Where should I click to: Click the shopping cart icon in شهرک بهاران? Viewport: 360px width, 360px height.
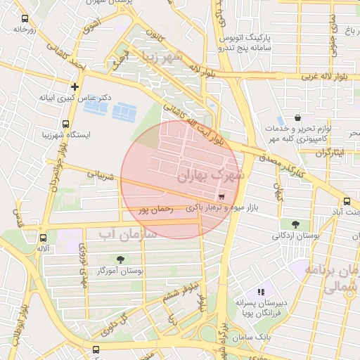click(222, 197)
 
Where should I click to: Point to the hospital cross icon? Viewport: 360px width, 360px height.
click(75, 86)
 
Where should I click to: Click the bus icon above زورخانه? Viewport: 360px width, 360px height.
click(25, 19)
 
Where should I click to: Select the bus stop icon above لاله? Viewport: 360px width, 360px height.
click(44, 238)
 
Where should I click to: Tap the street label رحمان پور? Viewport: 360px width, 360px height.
click(155, 208)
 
